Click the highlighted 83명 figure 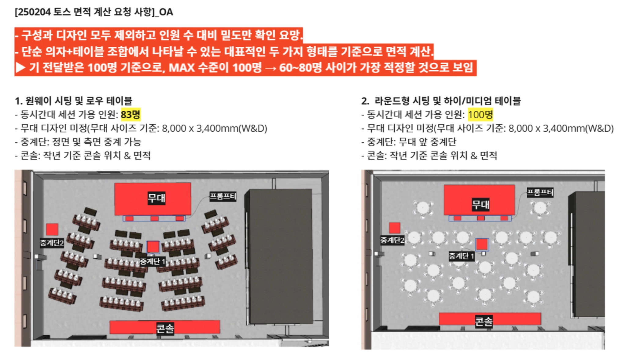(x=131, y=115)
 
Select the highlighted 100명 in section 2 (x=481, y=115)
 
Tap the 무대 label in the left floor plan (x=156, y=198)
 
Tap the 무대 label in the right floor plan (x=481, y=204)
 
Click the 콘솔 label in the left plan (x=165, y=328)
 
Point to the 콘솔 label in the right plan (x=484, y=321)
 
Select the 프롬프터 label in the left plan (x=223, y=196)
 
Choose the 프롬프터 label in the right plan (x=540, y=192)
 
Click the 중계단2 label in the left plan (x=52, y=243)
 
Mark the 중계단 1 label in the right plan (x=462, y=256)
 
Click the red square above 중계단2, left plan (x=52, y=230)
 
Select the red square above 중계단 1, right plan (x=482, y=244)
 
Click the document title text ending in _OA (x=94, y=12)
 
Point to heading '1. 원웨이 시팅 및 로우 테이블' (x=74, y=101)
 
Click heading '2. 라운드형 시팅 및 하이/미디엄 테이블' (x=441, y=101)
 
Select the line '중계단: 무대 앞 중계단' (x=409, y=142)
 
